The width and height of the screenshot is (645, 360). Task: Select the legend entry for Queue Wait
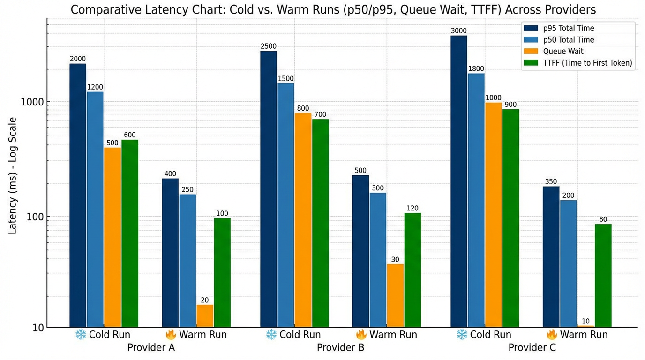pos(563,52)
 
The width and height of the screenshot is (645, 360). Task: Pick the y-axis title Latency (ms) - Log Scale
pos(13,176)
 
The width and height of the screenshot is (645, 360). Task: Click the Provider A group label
pos(151,348)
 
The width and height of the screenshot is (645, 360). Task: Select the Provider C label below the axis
pos(532,348)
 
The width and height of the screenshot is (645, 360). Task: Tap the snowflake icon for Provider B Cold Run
pos(271,335)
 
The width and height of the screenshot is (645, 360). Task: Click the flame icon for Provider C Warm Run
pos(551,335)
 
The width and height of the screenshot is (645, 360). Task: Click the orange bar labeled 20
pos(205,315)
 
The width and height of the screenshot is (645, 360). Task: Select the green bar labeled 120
pos(412,270)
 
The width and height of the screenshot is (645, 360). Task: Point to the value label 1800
pos(476,69)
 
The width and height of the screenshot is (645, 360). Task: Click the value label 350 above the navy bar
pos(551,181)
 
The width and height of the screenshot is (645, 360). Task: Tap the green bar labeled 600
pos(130,232)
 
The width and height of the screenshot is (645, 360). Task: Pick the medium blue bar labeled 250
pos(187,260)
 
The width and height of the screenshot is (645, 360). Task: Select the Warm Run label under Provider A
pos(203,335)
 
